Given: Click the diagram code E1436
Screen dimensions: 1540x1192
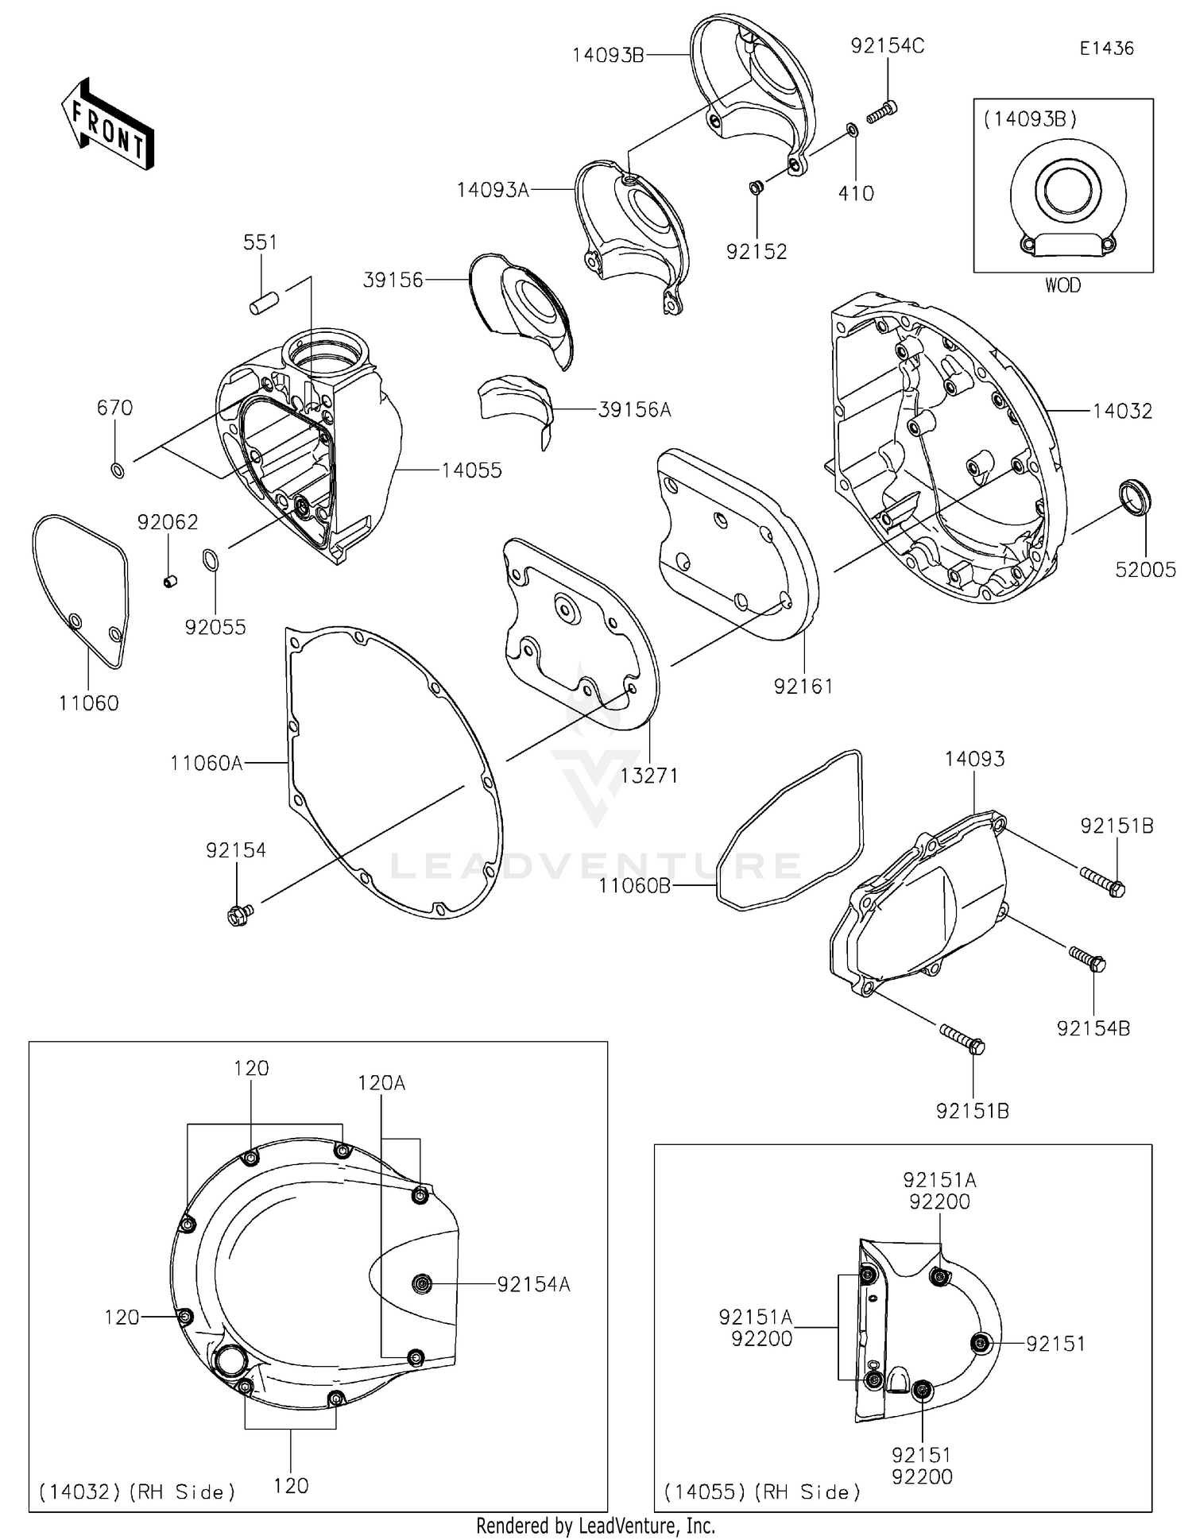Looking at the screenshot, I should coord(1106,48).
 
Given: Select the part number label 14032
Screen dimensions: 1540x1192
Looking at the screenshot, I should coord(1122,411).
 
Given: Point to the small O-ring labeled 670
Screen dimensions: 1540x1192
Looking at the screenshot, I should coord(117,470).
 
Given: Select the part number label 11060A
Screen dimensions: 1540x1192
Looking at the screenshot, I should coord(206,764).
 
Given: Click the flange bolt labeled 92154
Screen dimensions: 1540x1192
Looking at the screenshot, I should coord(238,915).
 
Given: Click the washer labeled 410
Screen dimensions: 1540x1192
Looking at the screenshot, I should coord(852,130).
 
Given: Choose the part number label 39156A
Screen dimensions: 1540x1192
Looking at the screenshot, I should coord(634,410).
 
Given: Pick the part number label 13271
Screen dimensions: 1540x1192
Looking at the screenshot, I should coord(649,776).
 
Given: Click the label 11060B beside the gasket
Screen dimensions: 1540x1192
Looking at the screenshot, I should coord(634,885).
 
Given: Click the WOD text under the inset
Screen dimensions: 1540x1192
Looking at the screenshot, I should coord(1062,285).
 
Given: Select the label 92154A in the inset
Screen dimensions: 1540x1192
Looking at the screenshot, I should coord(533,1284).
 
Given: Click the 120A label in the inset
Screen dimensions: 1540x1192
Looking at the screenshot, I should coord(381,1083).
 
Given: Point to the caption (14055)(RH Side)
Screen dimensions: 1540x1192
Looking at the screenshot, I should coord(762,1492).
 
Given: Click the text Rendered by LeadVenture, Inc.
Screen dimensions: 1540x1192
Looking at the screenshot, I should coord(595,1526).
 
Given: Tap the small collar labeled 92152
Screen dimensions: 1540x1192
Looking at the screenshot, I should coord(756,188).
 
